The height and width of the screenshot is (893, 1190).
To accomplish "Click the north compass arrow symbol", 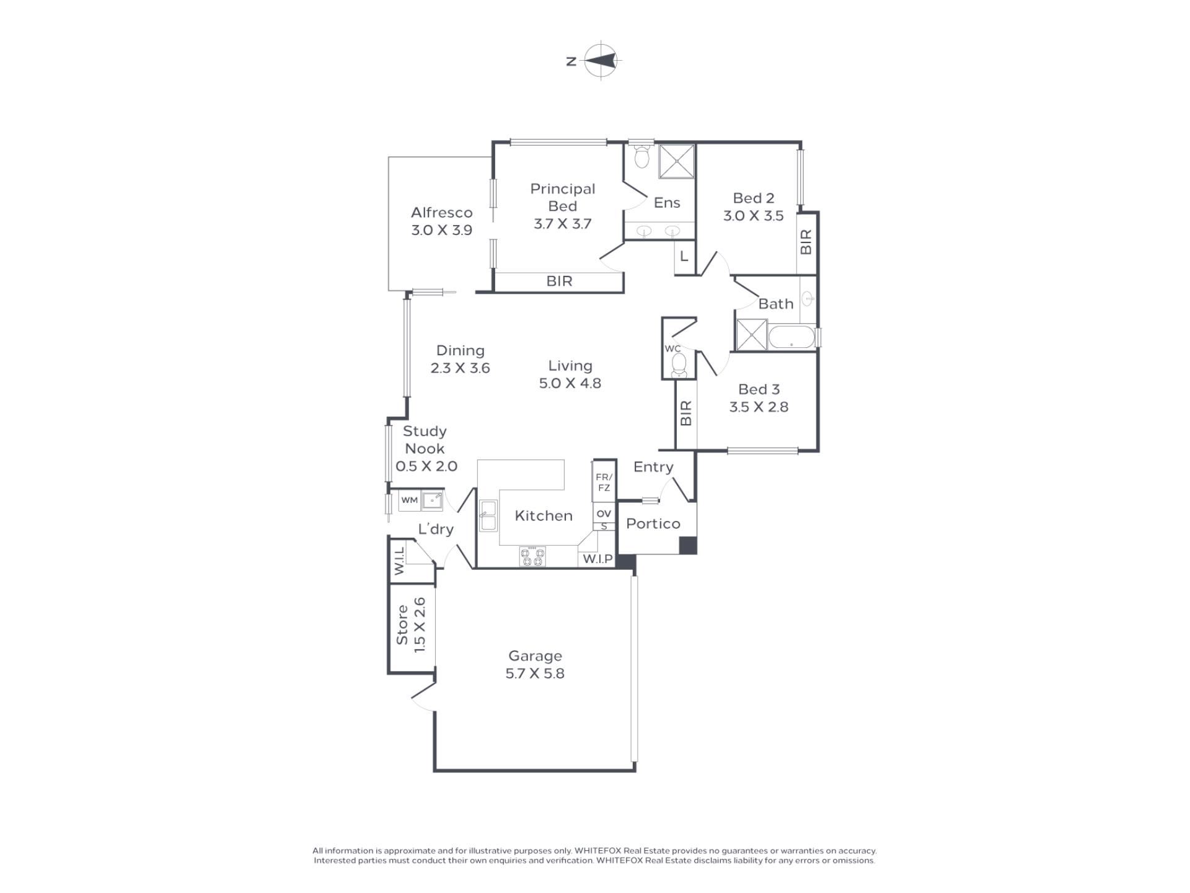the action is (x=601, y=61).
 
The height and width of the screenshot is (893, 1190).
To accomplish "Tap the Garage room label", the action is (x=535, y=655).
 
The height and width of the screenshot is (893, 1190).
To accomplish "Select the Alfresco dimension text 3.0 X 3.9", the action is (x=441, y=230).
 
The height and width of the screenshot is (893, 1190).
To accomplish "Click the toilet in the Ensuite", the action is (x=641, y=156).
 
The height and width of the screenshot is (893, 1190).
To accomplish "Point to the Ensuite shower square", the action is (x=676, y=161).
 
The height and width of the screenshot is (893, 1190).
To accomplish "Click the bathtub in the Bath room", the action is (x=791, y=338).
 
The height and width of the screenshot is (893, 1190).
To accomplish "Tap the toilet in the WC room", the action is (x=679, y=365).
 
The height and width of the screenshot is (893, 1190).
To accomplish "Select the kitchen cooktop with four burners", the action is (x=532, y=556).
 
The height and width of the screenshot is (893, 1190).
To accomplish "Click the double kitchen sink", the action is (x=488, y=515).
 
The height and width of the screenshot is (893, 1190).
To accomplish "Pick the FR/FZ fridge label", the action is (x=604, y=482).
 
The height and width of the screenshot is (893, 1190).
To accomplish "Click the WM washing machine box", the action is (x=409, y=500).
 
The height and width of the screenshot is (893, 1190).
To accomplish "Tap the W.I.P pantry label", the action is (x=597, y=559).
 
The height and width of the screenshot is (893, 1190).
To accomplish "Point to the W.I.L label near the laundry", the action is (x=399, y=561).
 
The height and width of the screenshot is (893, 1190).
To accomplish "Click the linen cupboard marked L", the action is (x=684, y=255).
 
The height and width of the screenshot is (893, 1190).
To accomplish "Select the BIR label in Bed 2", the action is (x=806, y=242).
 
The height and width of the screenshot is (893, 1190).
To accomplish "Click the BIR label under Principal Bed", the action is (x=559, y=281).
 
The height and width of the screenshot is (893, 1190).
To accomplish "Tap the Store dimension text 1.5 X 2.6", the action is (x=420, y=624).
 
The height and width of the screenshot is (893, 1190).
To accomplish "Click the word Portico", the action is (x=653, y=523).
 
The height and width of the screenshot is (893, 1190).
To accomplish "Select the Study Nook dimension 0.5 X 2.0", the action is (x=426, y=466).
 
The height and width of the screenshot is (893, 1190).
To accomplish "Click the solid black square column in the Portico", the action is (x=688, y=545).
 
